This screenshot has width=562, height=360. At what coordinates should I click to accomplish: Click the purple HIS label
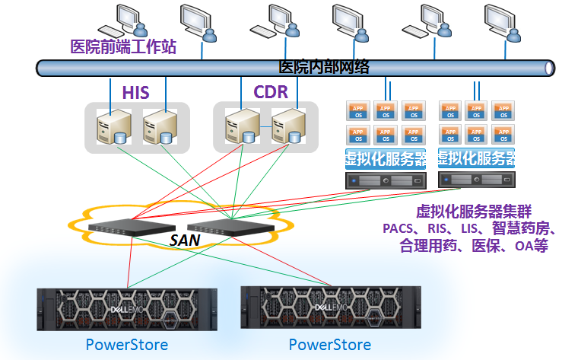coord(136,94)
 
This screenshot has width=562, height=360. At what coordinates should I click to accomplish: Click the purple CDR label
coord(271,93)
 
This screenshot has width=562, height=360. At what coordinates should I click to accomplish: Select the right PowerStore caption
coord(330,344)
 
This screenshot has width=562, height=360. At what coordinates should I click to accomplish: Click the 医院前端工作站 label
coord(123,47)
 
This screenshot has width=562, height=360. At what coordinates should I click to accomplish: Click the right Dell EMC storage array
coord(331,307)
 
